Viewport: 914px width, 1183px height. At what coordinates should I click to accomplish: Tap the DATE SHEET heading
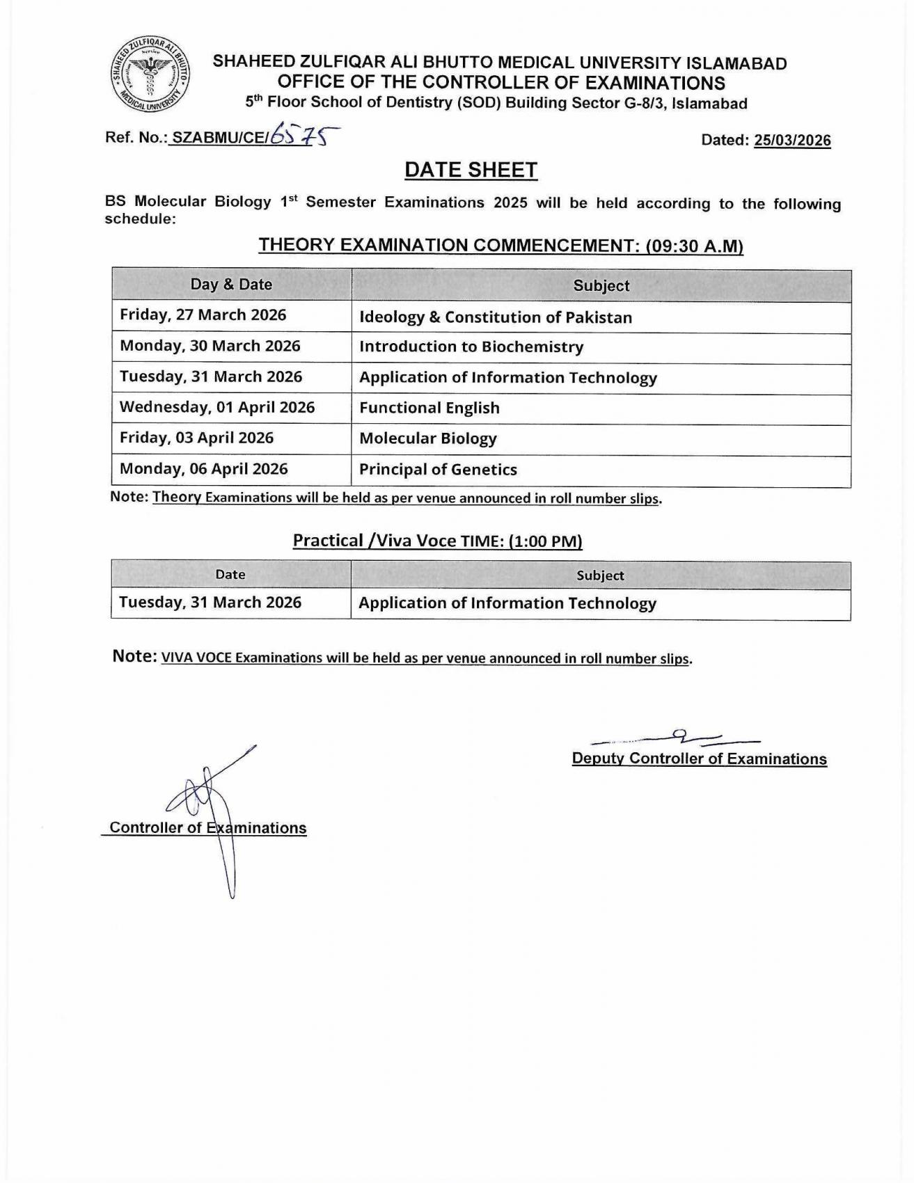pyautogui.click(x=471, y=170)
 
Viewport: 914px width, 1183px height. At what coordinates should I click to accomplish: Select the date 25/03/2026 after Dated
pyautogui.click(x=792, y=141)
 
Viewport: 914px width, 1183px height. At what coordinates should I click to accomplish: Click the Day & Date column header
pyautogui.click(x=231, y=285)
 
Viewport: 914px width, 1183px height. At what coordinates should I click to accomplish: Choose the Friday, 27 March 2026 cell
pyautogui.click(x=203, y=315)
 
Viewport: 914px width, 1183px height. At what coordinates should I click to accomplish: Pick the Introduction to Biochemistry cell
pyautogui.click(x=471, y=347)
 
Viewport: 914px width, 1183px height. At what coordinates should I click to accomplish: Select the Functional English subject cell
pyautogui.click(x=430, y=408)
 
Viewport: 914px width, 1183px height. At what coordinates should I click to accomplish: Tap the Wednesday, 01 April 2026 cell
pyautogui.click(x=217, y=407)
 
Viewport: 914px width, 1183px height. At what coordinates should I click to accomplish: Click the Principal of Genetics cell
pyautogui.click(x=438, y=470)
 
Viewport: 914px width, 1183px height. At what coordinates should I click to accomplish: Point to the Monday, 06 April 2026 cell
pyautogui.click(x=204, y=469)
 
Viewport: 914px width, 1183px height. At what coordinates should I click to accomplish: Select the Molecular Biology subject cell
pyautogui.click(x=428, y=439)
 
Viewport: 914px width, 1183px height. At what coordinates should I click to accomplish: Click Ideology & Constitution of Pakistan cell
pyautogui.click(x=496, y=317)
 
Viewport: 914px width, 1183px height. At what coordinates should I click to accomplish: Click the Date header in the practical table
pyautogui.click(x=230, y=575)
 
